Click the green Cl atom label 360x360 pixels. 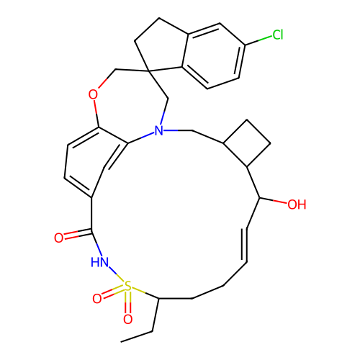(278, 35)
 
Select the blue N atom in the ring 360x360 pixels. (158, 131)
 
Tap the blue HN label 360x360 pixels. (99, 262)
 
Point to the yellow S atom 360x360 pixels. (127, 287)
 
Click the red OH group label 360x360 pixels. (297, 204)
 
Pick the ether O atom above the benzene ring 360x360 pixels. (93, 94)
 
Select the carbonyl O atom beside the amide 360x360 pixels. (59, 238)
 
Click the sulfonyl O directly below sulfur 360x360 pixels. (127, 319)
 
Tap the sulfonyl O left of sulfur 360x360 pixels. (97, 299)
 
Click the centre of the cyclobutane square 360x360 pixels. (247, 143)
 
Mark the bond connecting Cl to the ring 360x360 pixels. (258, 40)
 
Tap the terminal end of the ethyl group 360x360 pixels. (121, 341)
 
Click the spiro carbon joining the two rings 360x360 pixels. (148, 71)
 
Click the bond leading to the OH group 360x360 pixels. (274, 200)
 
